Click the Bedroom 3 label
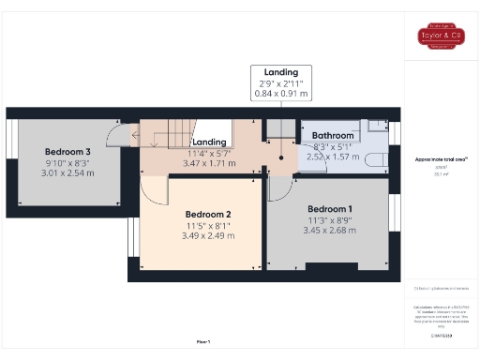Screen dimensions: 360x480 coord(67,152)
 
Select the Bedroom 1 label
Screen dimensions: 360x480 coord(330,207)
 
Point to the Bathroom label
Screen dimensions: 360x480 coord(332,135)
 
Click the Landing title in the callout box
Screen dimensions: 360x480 coord(281,72)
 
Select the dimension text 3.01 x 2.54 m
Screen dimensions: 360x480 coord(68,173)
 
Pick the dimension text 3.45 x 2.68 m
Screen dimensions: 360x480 coord(330,230)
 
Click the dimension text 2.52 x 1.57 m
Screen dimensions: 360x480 coord(332,157)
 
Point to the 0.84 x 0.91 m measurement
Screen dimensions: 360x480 coord(281,94)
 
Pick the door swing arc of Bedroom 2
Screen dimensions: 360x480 coord(152,191)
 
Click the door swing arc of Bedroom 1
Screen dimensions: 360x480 coord(280,187)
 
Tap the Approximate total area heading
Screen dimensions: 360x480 coord(441,159)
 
